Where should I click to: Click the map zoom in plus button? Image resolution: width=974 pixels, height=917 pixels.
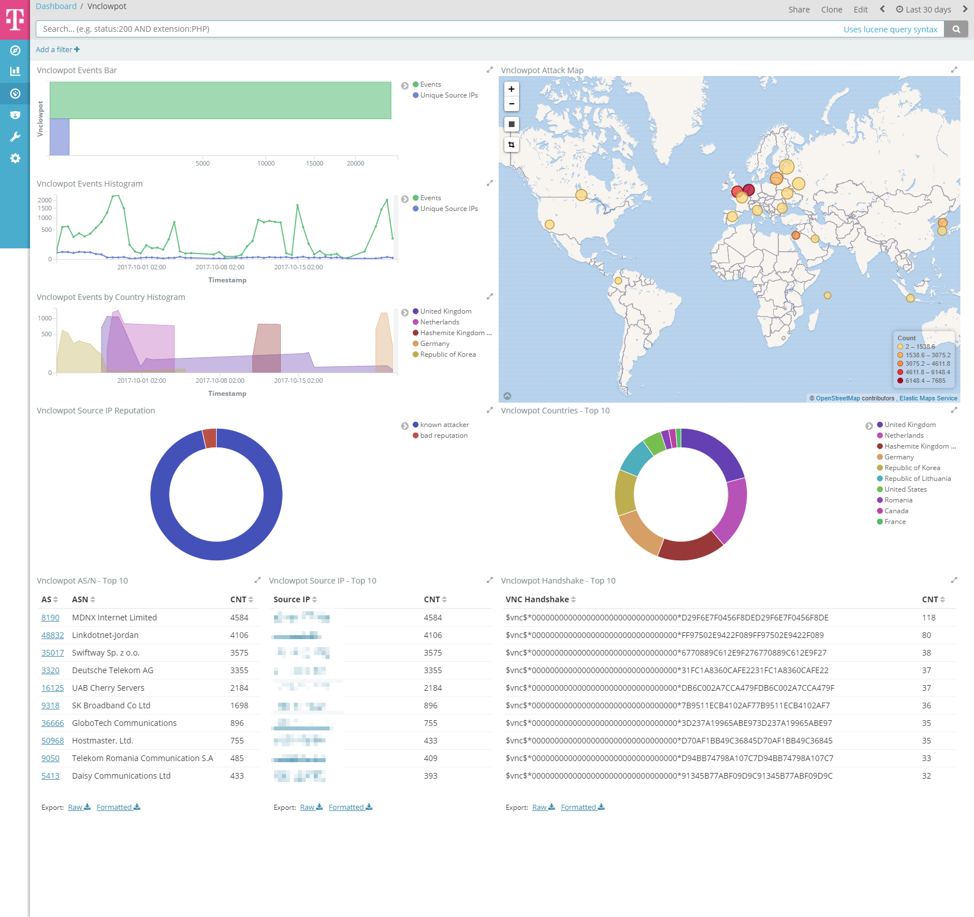coord(512,89)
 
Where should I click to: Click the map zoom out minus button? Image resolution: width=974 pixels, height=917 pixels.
coord(512,104)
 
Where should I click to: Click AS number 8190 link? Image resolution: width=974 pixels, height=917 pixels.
coord(50,618)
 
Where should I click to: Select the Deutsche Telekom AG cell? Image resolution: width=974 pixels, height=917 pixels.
coord(112,670)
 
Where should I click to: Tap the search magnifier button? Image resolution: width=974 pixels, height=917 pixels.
coord(956,29)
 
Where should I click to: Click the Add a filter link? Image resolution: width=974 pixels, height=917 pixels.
coord(57,50)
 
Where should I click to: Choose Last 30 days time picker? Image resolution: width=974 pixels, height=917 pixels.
coord(924,10)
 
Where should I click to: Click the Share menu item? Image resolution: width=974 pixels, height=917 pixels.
coord(799,10)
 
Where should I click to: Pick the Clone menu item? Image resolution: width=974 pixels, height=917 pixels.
coord(831,10)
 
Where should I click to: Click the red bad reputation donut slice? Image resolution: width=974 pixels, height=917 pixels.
coord(210,438)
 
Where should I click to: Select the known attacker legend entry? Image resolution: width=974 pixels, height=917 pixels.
coord(444,425)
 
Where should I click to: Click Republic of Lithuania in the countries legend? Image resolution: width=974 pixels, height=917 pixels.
coord(917,479)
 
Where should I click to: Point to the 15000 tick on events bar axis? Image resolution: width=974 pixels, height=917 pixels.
coord(314,163)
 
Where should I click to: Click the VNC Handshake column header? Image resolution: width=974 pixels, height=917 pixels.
coord(537,599)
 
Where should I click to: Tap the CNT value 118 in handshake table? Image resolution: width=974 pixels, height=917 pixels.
coord(929,618)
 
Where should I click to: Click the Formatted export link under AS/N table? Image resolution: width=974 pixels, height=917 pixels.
coord(118,808)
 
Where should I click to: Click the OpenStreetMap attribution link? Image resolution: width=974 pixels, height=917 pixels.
coord(837,398)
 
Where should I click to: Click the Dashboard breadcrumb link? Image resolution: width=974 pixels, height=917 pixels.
coord(56,6)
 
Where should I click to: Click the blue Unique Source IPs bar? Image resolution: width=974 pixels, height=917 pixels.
coord(60,137)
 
